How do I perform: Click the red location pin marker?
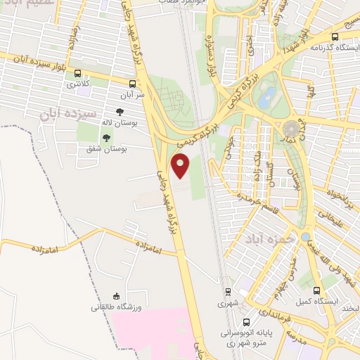click(181, 166)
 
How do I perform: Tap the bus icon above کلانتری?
click(78, 73)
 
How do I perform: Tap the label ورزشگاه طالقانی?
click(115, 307)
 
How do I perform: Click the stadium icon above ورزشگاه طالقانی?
click(115, 296)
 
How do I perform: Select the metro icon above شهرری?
click(227, 291)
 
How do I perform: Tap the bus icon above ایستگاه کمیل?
click(316, 290)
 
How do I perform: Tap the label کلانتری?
click(78, 84)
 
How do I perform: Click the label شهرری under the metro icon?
click(228, 304)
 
